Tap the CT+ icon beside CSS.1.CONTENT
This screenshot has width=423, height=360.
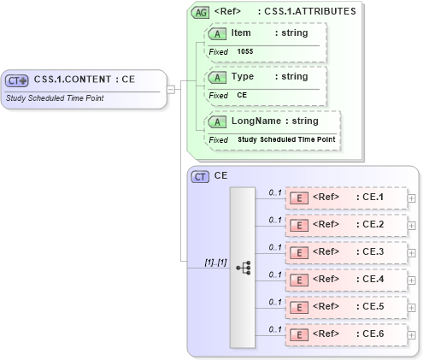click(x=17, y=80)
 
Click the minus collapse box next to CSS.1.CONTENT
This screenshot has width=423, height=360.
click(x=171, y=88)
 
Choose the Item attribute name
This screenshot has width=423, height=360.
click(x=240, y=32)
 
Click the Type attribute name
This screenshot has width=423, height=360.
click(x=243, y=76)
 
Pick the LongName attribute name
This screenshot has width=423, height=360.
click(x=256, y=121)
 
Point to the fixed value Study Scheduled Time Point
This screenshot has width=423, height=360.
click(x=286, y=139)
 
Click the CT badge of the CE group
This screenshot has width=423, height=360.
click(x=200, y=176)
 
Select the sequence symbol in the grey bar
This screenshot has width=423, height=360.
click(x=243, y=267)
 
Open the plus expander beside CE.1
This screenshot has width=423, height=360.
click(x=412, y=198)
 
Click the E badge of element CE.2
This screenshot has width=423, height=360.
click(x=300, y=225)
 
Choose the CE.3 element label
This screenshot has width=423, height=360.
click(x=373, y=253)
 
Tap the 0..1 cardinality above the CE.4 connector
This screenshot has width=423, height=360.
click(x=275, y=274)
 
